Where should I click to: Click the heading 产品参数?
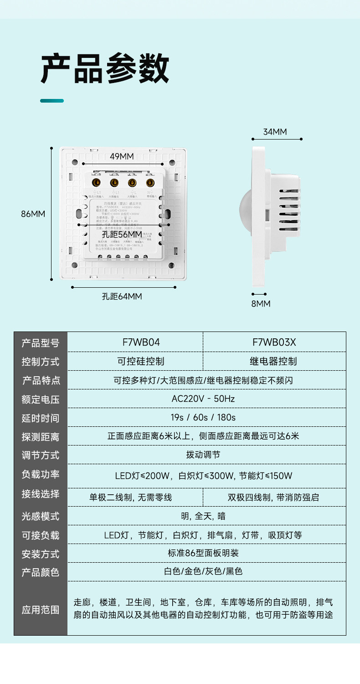pos(105,69)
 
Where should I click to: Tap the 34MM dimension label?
pos(275,132)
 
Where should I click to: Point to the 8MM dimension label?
pos(261,304)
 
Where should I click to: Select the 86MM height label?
pos(33,213)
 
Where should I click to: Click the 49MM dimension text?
pos(122,156)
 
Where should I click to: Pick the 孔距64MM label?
pos(122,296)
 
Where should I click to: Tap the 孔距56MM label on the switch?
pos(122,234)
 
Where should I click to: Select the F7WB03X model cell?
pos(274,342)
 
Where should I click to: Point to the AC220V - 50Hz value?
pos(203,399)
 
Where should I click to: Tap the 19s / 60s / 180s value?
pos(203,417)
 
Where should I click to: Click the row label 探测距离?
pos(41,437)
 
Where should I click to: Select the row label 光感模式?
pos(41,516)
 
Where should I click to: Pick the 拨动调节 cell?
pos(203,455)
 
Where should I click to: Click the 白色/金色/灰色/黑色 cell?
pos(203,571)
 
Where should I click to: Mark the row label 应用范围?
pos(41,610)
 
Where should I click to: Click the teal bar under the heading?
pos(52,101)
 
